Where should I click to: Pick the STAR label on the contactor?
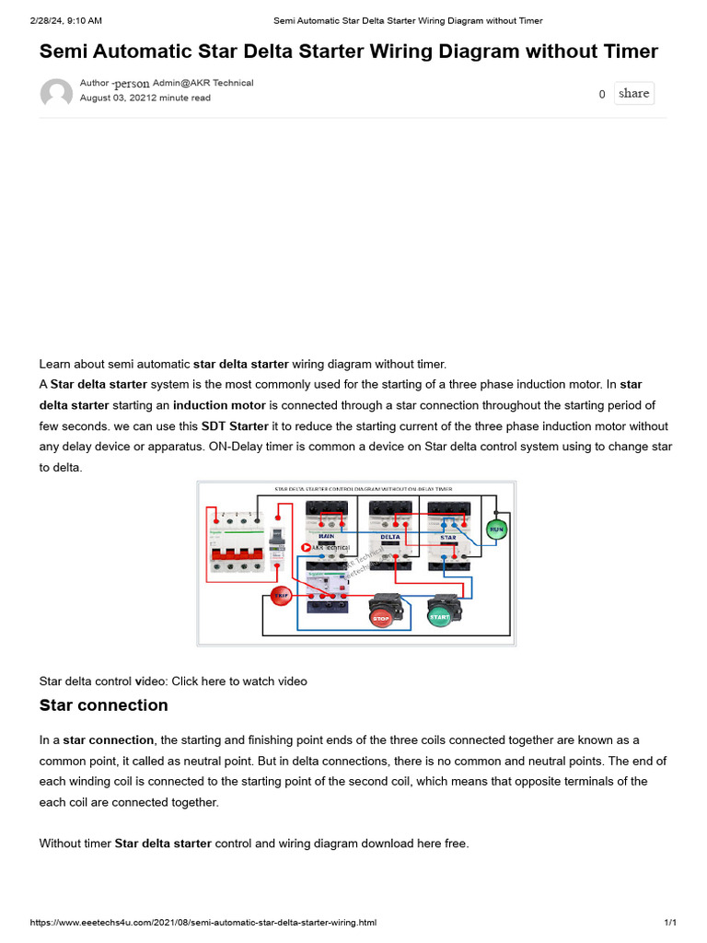447,535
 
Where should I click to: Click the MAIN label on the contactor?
326,534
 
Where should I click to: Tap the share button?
633,93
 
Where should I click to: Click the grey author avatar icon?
56,94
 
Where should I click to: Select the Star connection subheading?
103,705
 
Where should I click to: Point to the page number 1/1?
670,923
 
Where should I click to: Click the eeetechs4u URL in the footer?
203,923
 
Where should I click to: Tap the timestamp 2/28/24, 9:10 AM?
65,20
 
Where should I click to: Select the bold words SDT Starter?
235,426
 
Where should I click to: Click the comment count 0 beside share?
602,94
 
